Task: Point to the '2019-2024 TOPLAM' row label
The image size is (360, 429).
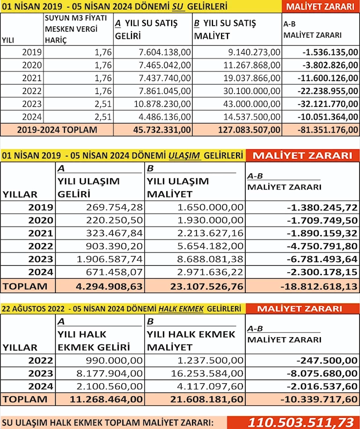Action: click(x=57, y=129)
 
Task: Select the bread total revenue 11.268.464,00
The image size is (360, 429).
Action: click(x=107, y=398)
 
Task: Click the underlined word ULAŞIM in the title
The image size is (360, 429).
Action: click(x=185, y=156)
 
